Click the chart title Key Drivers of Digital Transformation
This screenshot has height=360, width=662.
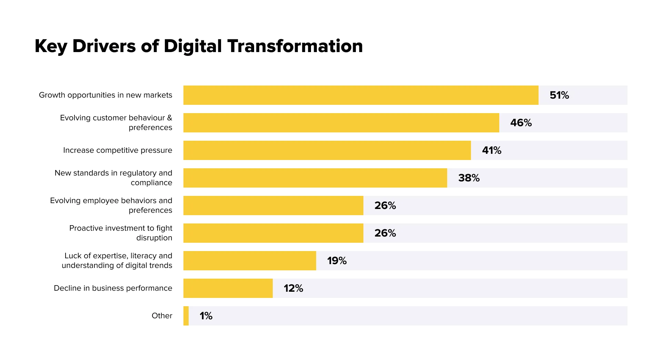click(199, 46)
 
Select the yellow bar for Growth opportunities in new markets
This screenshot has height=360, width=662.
click(361, 95)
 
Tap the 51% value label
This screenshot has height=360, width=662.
click(559, 95)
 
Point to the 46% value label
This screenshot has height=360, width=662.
click(521, 123)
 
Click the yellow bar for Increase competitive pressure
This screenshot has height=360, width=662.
click(327, 150)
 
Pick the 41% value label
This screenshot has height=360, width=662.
click(492, 150)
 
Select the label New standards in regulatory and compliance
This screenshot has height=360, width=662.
click(113, 178)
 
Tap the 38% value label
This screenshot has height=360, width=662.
click(469, 178)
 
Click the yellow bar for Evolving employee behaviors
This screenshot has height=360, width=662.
click(273, 206)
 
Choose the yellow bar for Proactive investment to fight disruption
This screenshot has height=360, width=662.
click(273, 233)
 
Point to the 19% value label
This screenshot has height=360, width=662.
click(337, 261)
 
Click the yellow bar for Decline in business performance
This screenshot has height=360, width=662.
click(228, 288)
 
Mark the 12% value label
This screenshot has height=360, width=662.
click(293, 288)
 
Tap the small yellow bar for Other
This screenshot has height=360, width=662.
click(186, 316)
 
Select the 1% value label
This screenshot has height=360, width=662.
click(206, 316)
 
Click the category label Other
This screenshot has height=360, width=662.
click(162, 316)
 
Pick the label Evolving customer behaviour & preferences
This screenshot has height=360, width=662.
click(116, 122)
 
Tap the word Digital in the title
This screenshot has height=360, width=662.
click(192, 46)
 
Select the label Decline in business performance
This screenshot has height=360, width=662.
click(113, 288)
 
